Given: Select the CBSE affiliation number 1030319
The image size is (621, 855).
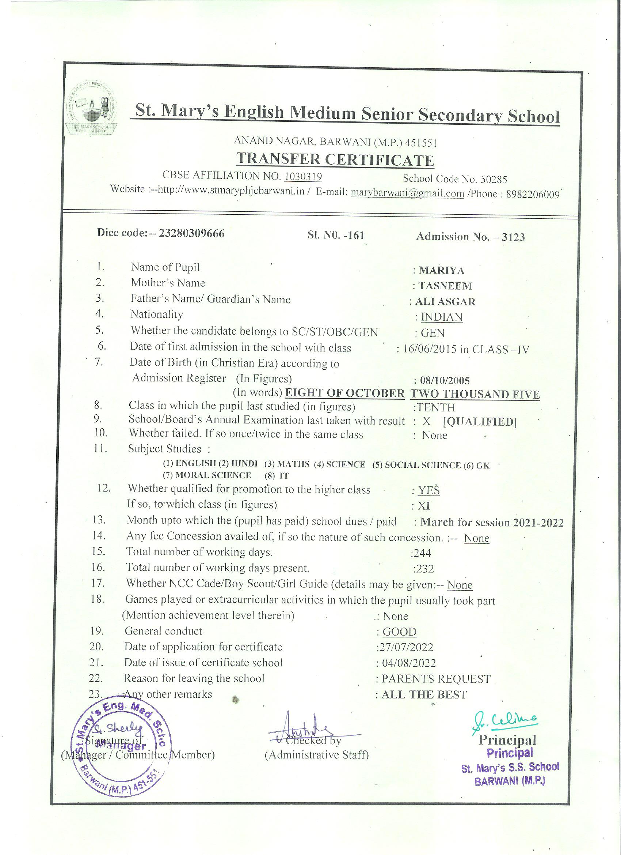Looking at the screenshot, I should pos(303,176).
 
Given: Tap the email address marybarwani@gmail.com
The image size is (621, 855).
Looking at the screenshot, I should pos(407,193).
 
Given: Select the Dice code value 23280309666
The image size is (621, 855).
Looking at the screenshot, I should pos(192,233).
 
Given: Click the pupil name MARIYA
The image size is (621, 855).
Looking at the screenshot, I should pos(442,271).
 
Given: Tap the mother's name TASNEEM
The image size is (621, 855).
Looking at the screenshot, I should pos(445,286).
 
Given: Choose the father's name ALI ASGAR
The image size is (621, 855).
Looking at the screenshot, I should pos(445,302).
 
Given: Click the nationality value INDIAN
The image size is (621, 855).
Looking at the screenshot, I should pos(441,317).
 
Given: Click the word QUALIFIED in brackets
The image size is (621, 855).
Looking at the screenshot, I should pos(479,422).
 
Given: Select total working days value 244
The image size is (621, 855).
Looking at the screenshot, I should pos(422,553).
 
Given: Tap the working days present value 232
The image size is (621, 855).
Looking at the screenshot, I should pos(423,569).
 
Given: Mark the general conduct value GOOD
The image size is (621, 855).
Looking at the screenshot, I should pos(399,632).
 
